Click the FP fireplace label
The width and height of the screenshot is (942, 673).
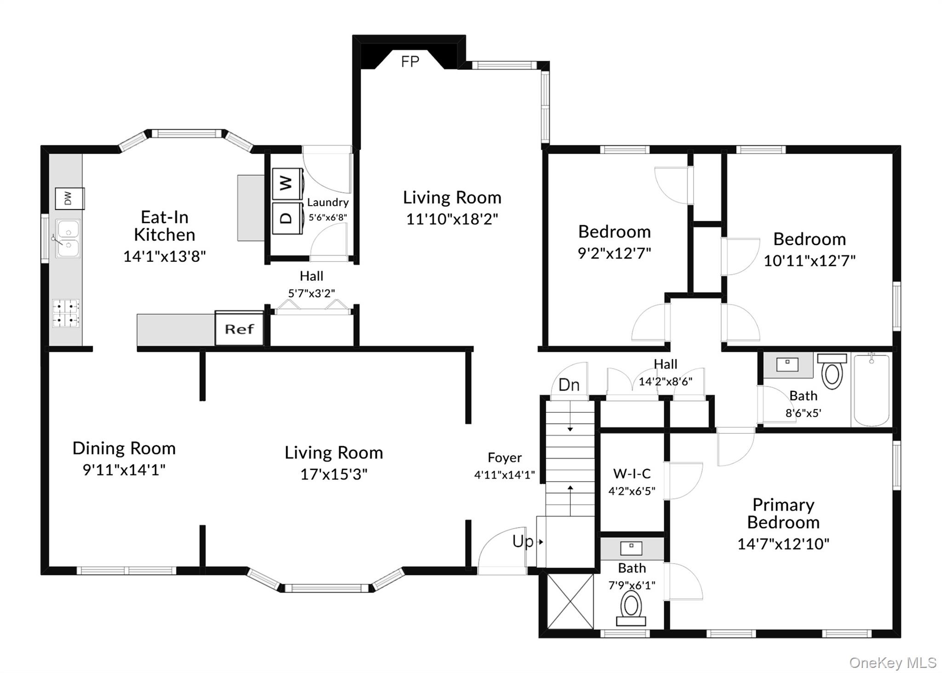410,62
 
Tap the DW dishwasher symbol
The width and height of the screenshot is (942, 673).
69,198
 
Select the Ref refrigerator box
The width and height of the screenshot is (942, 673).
239,329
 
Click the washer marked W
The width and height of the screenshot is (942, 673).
287,184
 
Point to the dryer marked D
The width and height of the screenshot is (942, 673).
287,218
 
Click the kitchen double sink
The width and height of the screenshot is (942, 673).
68,238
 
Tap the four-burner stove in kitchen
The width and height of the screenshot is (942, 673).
66,313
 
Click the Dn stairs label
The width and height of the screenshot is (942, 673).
569,385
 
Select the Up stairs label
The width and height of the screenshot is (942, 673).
523,542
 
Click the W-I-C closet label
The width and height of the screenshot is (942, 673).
632,473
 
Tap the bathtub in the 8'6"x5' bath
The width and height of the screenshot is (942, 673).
871,390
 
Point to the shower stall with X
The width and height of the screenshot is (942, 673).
570,602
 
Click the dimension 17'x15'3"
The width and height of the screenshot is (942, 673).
333,474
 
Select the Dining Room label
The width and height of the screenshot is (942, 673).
124,449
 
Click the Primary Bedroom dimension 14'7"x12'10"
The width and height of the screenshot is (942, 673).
783,544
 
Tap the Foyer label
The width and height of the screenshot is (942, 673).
505,458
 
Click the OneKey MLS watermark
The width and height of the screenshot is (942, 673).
892,663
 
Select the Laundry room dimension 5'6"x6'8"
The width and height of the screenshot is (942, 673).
327,217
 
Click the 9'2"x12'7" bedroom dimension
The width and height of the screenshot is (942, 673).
615,253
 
